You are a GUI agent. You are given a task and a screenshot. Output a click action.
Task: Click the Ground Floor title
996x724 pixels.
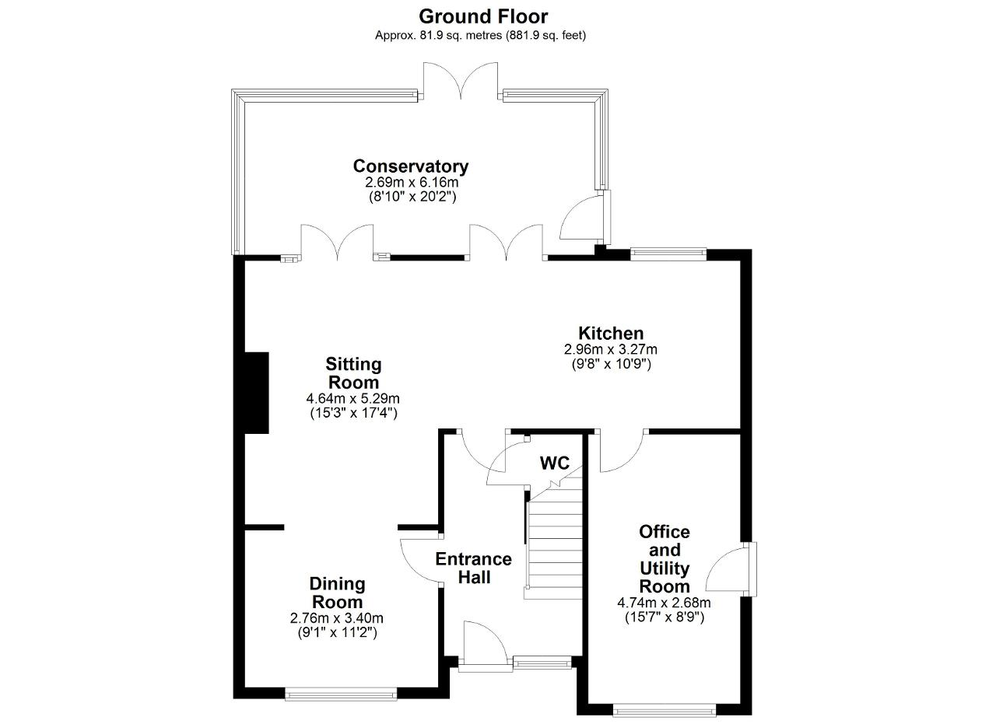pyautogui.click(x=483, y=16)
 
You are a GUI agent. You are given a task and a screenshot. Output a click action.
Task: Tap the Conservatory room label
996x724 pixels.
pyautogui.click(x=411, y=166)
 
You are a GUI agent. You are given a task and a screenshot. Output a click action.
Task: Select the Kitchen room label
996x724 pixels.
pyautogui.click(x=611, y=333)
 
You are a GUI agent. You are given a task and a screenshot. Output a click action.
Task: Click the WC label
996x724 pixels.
pyautogui.click(x=555, y=463)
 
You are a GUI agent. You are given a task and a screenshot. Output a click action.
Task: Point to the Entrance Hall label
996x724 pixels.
pyautogui.click(x=474, y=568)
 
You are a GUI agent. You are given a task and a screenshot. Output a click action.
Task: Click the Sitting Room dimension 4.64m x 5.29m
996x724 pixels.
pyautogui.click(x=353, y=398)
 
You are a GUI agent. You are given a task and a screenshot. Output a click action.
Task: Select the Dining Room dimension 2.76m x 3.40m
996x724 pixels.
pyautogui.click(x=337, y=617)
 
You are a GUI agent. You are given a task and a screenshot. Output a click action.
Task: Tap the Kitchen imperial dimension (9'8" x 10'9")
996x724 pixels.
pyautogui.click(x=611, y=365)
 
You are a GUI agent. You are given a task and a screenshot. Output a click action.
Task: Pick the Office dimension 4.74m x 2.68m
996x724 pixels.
pyautogui.click(x=664, y=603)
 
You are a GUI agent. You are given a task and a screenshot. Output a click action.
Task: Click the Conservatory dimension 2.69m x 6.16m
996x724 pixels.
pyautogui.click(x=412, y=182)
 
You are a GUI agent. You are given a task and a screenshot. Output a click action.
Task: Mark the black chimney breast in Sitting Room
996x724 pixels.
pyautogui.click(x=257, y=393)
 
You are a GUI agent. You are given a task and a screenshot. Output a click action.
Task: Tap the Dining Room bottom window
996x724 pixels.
pyautogui.click(x=341, y=694)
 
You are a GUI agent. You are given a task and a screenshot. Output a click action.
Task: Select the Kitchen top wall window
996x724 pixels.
pyautogui.click(x=668, y=254)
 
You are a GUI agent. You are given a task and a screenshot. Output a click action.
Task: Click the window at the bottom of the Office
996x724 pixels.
pyautogui.click(x=665, y=710)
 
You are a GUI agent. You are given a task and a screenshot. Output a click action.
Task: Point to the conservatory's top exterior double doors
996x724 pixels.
pyautogui.click(x=460, y=81)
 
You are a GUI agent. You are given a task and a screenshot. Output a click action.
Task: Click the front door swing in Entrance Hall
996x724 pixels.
pyautogui.click(x=485, y=644)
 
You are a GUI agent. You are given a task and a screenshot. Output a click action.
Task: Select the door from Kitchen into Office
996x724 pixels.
pyautogui.click(x=622, y=451)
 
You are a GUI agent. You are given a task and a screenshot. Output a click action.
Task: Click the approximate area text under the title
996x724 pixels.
pyautogui.click(x=480, y=36)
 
